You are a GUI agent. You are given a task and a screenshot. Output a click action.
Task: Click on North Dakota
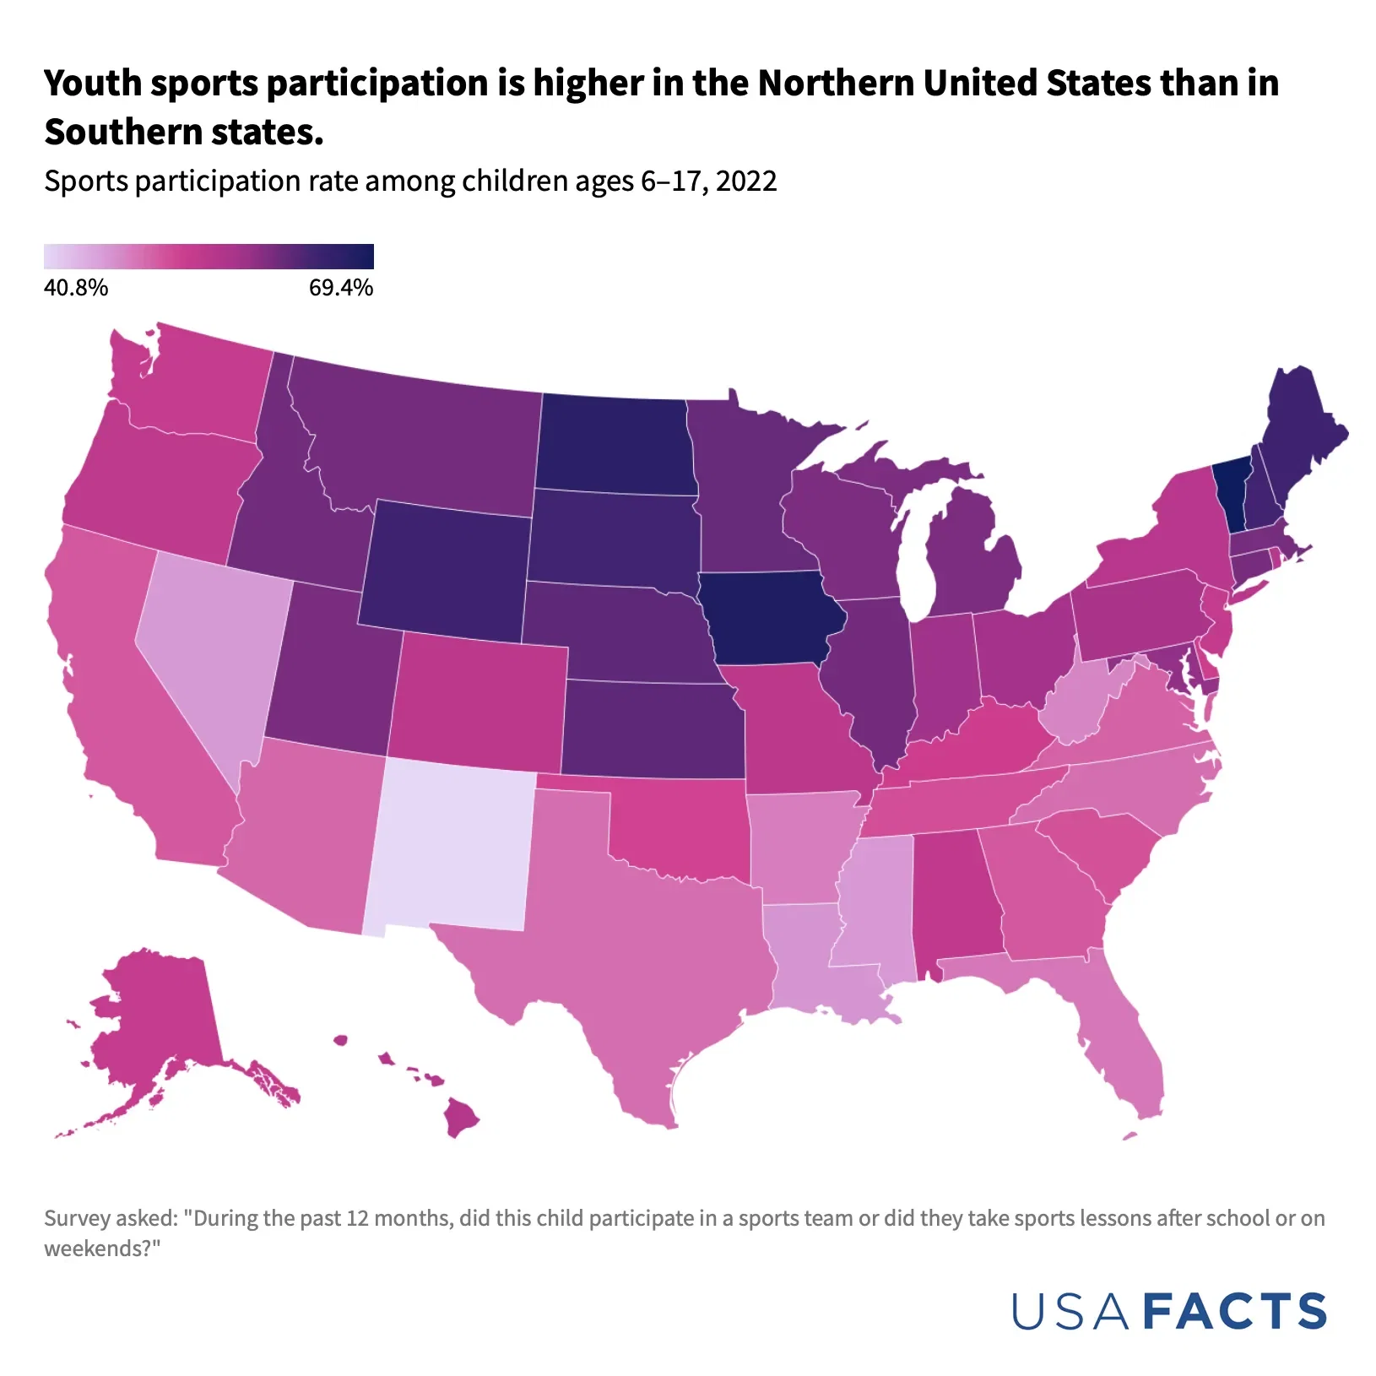coord(616,443)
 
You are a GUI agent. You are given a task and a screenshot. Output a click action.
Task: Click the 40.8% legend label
coord(76,288)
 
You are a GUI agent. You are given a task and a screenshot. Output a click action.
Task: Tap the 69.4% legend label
coord(340,288)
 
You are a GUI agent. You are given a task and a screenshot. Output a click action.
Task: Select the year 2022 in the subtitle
coord(745,181)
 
